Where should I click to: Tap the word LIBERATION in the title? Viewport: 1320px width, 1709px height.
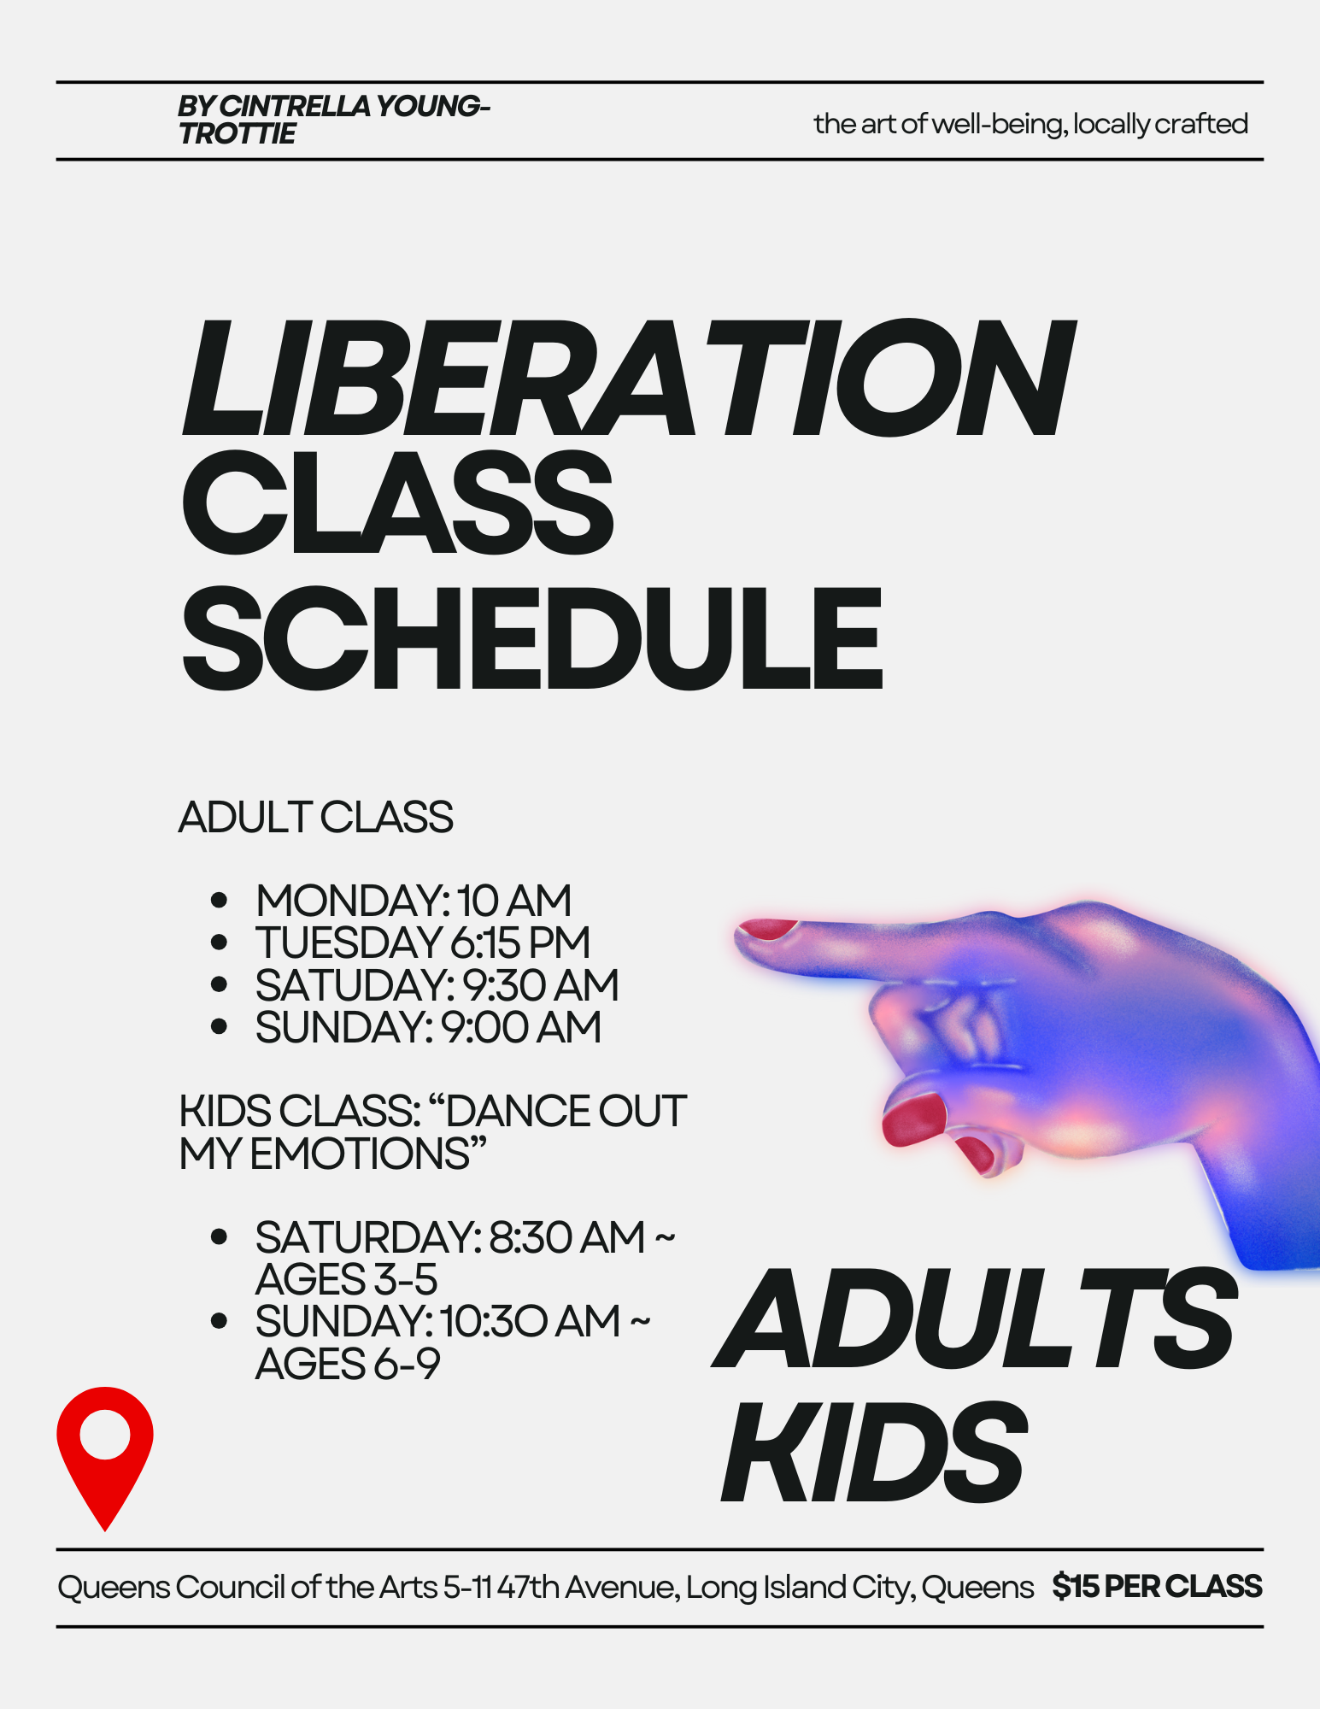tap(628, 379)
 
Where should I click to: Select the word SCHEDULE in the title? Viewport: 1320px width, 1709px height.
tap(531, 639)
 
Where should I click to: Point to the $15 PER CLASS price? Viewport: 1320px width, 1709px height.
tap(1157, 1587)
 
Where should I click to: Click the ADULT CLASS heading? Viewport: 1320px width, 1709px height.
tap(315, 818)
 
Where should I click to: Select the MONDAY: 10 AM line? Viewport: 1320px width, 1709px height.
tap(413, 901)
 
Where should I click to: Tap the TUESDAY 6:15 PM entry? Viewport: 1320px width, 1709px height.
tap(422, 943)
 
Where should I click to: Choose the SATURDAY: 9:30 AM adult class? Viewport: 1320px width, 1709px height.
tap(437, 985)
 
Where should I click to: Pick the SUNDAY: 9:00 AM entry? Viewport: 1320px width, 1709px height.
tap(428, 1027)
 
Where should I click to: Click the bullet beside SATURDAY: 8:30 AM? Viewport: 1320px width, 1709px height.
tap(219, 1236)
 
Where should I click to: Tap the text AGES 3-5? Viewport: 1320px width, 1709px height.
tap(346, 1279)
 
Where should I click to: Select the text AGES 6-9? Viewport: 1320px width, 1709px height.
tap(347, 1364)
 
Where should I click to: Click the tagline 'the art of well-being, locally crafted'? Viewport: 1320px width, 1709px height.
tap(1030, 124)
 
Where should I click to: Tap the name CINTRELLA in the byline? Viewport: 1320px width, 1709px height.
tap(296, 106)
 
